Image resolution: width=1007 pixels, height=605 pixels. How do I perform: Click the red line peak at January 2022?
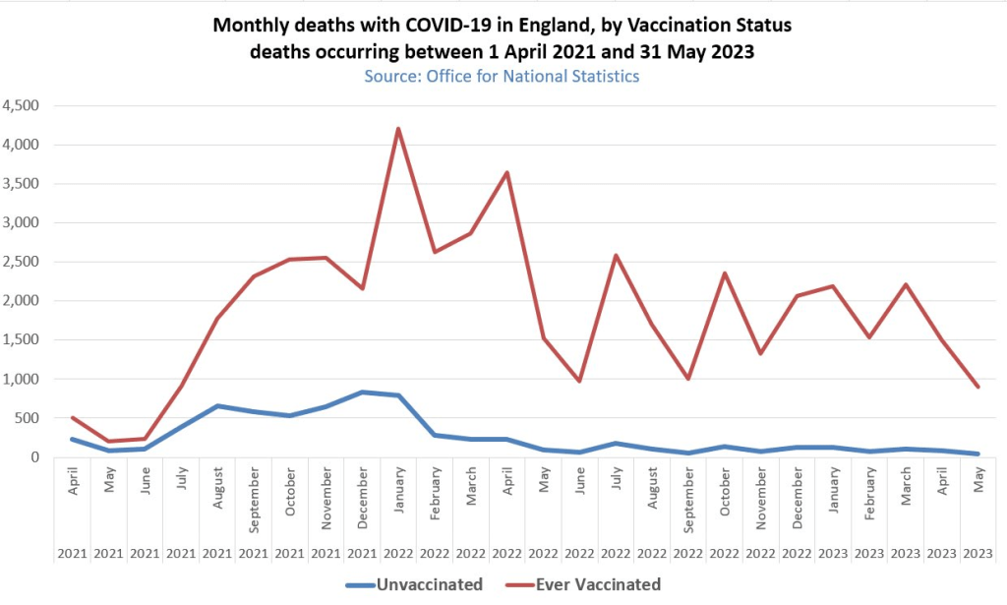(x=398, y=129)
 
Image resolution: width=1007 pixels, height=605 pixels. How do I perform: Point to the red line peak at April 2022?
(x=507, y=173)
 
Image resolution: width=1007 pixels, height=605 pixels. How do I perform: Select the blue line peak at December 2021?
(x=362, y=393)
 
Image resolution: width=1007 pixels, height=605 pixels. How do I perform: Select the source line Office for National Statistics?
(x=502, y=76)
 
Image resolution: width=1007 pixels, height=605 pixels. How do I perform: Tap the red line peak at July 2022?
(x=617, y=256)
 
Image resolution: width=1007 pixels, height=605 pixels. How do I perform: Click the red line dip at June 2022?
(x=580, y=381)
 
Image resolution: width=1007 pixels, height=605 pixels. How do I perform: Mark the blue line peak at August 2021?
(x=216, y=406)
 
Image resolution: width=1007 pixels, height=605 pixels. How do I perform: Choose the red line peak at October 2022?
(x=726, y=273)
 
